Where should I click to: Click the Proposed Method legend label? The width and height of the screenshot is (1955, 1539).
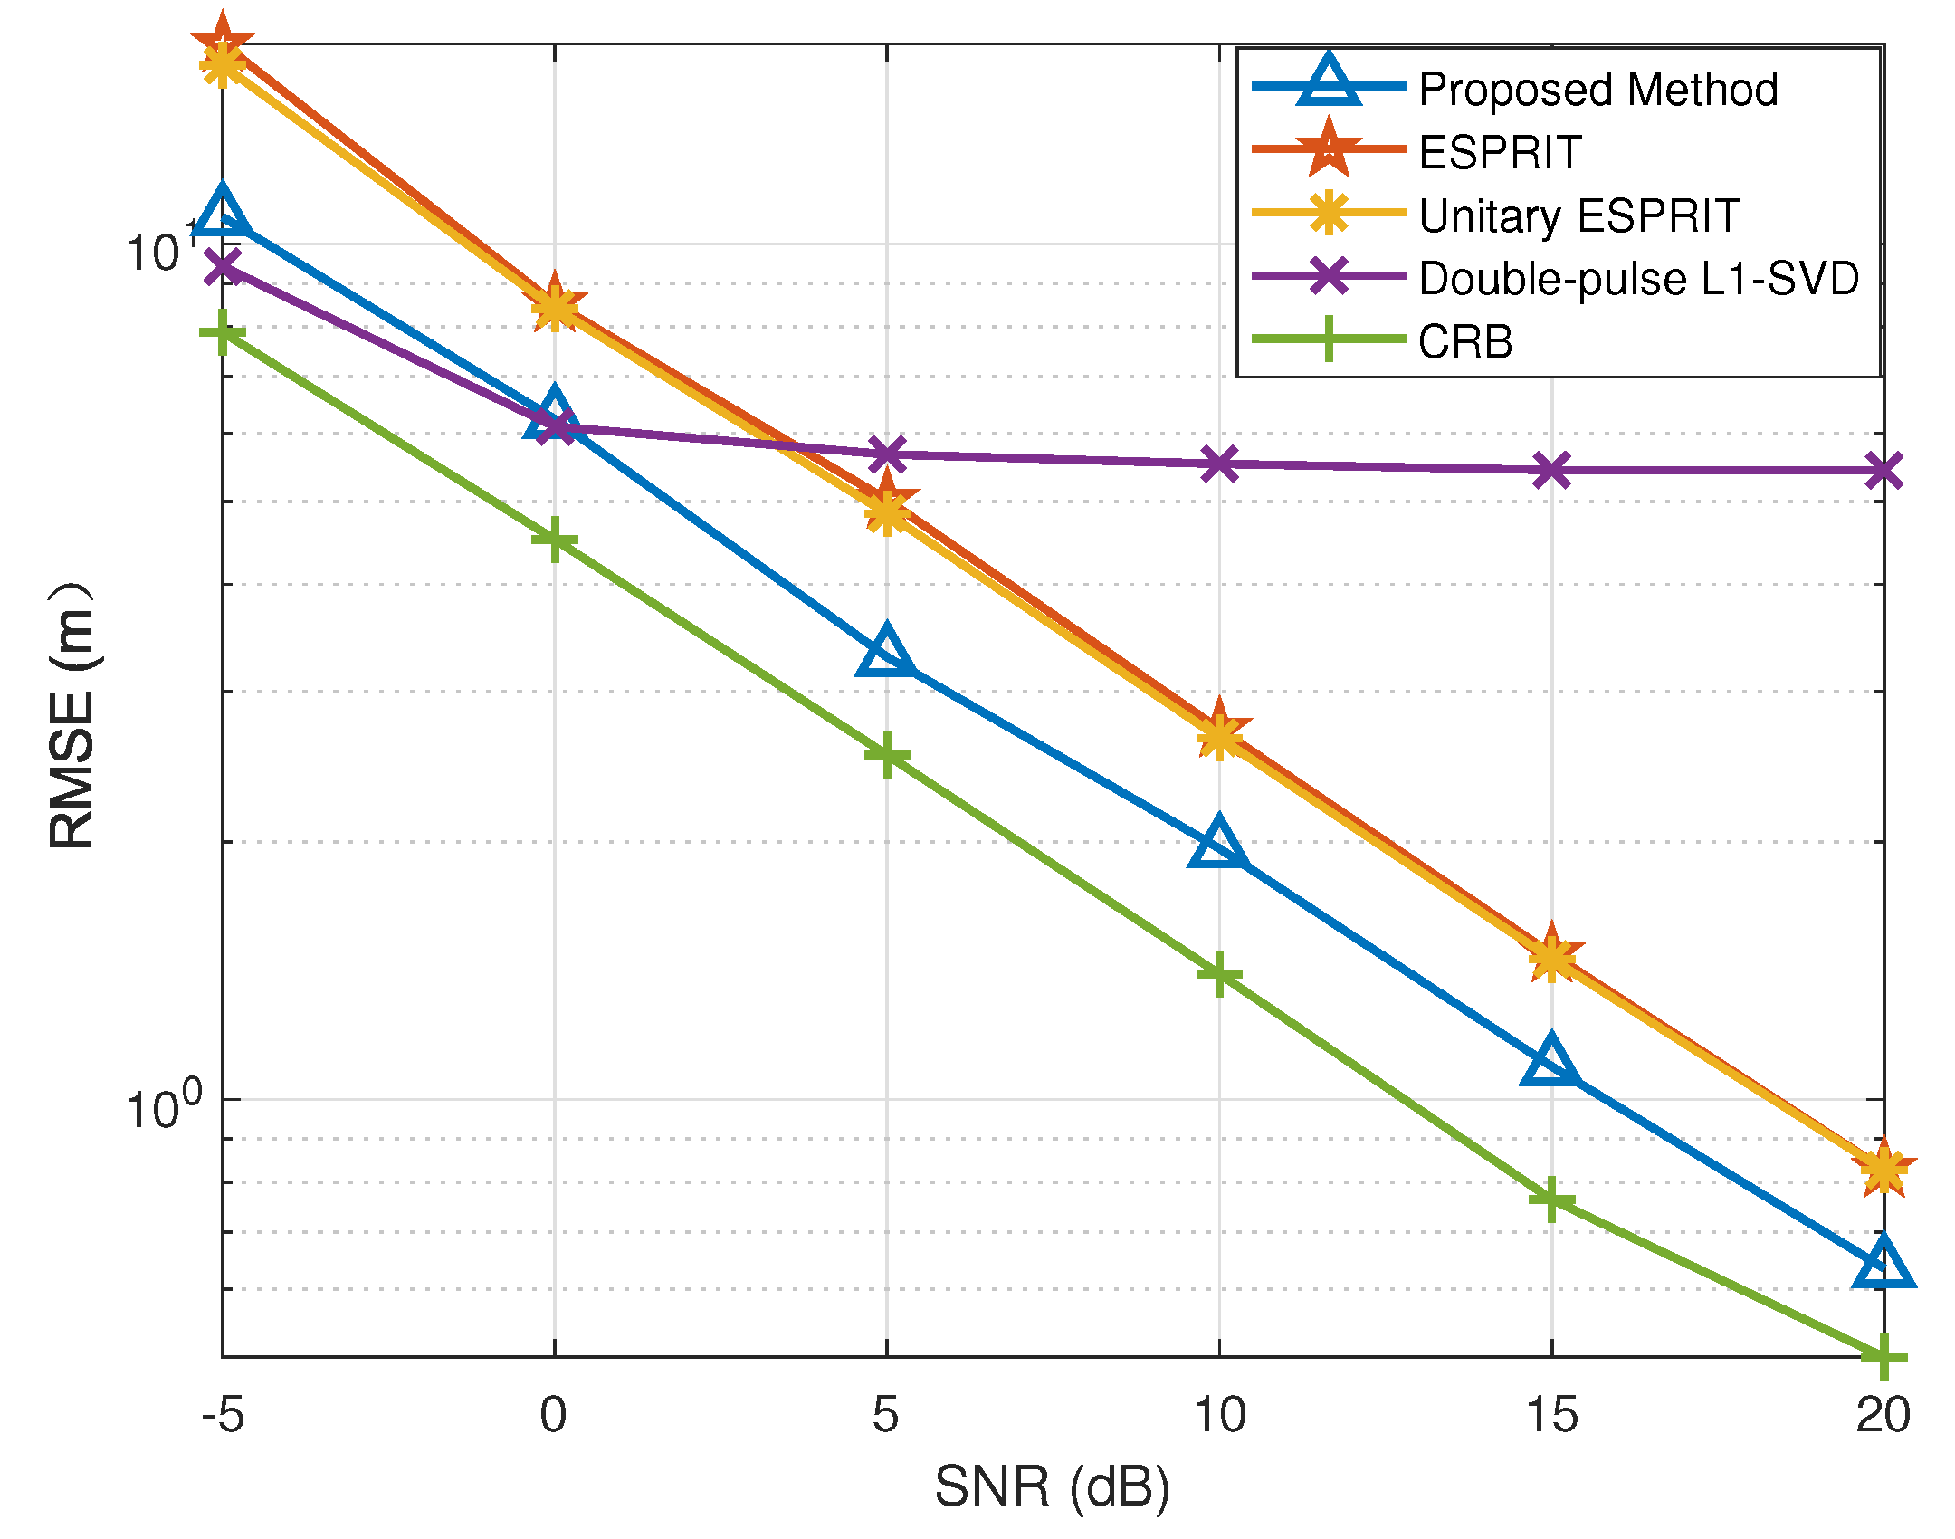1597,90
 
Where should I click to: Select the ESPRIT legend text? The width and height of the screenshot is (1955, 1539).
1500,152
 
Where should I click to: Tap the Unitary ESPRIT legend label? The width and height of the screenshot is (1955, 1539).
1579,215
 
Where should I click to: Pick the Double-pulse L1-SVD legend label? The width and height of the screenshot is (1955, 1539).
1638,278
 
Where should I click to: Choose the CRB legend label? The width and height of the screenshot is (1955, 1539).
1465,341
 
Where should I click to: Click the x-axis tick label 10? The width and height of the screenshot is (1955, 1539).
1219,1415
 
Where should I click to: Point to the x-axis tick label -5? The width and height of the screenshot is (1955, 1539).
223,1415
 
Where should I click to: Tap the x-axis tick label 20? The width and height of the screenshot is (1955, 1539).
1883,1415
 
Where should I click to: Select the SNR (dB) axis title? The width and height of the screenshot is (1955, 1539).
1053,1487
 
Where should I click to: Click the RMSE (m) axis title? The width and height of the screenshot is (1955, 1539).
72,715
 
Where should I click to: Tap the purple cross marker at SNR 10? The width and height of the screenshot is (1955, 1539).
1219,464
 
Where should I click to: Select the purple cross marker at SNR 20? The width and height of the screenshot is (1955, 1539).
1883,471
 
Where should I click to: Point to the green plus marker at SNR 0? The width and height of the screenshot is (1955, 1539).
555,540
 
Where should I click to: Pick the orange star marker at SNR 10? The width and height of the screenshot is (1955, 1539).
1219,729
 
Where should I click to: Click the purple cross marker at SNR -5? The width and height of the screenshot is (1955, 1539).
223,266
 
